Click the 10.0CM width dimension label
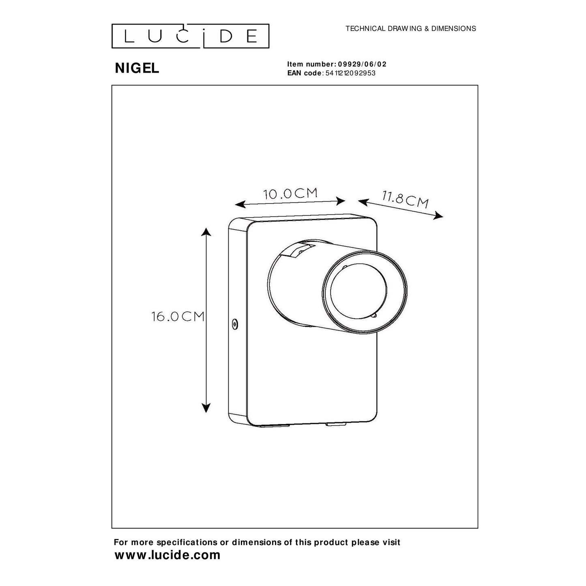tap(290, 193)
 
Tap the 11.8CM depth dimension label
tap(405, 199)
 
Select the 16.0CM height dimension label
tap(178, 317)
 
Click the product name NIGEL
tap(137, 69)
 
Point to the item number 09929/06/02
tap(362, 64)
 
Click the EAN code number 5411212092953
tap(350, 73)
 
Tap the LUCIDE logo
tap(190, 36)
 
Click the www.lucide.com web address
tap(167, 555)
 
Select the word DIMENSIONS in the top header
tap(453, 28)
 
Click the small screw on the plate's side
tap(234, 324)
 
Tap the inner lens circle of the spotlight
tap(358, 291)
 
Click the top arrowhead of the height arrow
tap(206, 232)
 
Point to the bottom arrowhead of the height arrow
tap(206, 408)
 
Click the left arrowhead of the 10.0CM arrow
tap(240, 204)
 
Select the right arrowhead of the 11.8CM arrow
tap(438, 215)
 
